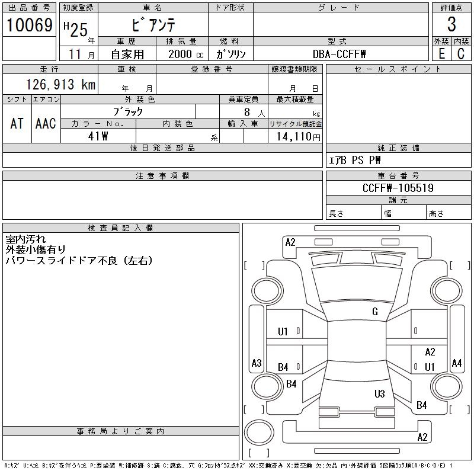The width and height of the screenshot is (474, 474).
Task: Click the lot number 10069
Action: tap(30, 25)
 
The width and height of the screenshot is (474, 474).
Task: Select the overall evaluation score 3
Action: tap(451, 25)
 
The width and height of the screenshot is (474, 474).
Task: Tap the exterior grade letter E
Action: tap(441, 53)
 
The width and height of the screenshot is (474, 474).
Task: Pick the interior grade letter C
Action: tap(461, 53)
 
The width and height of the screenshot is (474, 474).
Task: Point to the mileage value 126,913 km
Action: tap(60, 85)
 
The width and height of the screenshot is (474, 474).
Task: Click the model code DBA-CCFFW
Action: tap(338, 54)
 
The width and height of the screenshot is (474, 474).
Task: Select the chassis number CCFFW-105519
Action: tap(398, 188)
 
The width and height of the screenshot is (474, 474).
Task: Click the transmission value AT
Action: tap(17, 123)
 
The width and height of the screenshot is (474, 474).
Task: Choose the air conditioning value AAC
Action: tap(46, 123)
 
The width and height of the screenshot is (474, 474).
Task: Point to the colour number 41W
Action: tap(97, 136)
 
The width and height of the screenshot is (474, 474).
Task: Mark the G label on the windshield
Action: tap(375, 312)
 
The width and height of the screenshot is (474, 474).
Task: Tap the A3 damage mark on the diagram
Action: tap(257, 363)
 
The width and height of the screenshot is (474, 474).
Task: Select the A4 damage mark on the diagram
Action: tap(456, 363)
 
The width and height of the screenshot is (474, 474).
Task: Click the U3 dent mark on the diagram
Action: tap(380, 393)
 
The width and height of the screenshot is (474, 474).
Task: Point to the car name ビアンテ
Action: tap(153, 25)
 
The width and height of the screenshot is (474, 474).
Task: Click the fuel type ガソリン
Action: tap(231, 54)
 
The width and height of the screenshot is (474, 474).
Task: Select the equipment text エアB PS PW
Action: tap(355, 160)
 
